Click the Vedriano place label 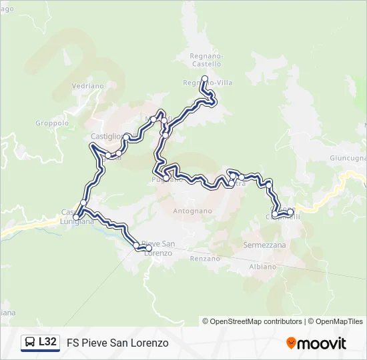point(88,86)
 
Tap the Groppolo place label point(52,123)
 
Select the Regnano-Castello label point(206,59)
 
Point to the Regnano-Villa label point(208,83)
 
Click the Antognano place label point(192,211)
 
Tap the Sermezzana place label point(265,245)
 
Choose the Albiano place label point(262,266)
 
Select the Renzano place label point(205,258)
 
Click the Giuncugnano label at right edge point(348,158)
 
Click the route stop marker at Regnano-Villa point(204,79)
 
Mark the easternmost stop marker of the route point(290,212)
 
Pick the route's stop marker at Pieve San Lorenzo point(137,246)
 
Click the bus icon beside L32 point(29,343)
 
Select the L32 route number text point(47,342)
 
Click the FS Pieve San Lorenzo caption point(117,343)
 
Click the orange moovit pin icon point(292,343)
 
